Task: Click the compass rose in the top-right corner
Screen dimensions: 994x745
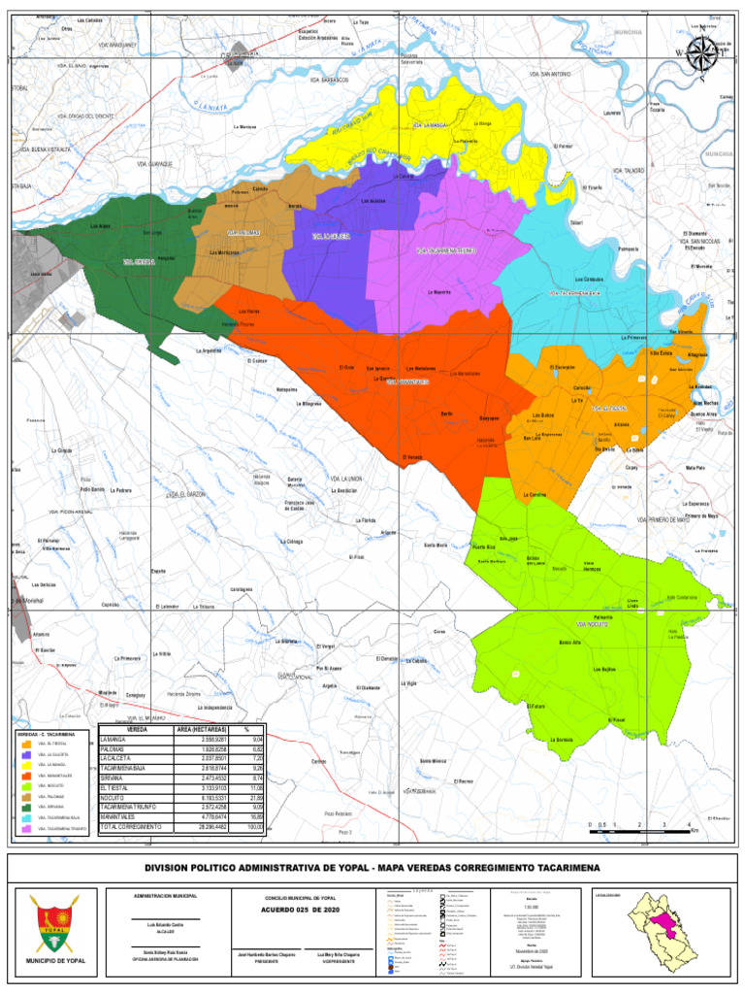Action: click(699, 54)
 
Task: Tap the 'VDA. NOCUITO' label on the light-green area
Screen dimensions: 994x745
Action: click(593, 623)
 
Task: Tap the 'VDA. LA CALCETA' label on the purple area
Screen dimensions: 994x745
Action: click(330, 236)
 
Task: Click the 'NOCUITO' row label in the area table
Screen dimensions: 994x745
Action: click(116, 800)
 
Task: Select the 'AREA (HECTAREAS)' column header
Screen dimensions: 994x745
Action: click(201, 729)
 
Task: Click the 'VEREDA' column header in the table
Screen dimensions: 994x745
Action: click(137, 729)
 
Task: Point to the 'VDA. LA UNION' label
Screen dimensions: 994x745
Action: click(346, 479)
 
